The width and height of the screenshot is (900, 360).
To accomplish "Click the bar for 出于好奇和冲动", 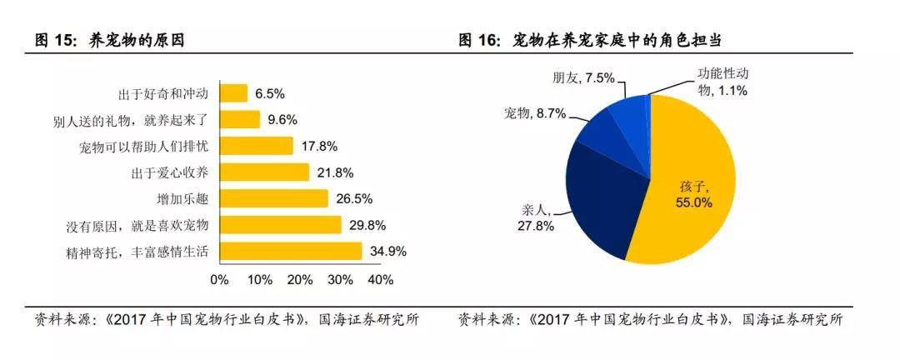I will click(x=233, y=93).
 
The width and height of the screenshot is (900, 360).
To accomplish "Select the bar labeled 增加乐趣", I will click(x=273, y=198).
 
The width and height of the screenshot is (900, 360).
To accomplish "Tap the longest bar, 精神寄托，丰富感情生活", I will click(x=290, y=251).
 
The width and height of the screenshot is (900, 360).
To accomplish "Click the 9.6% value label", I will click(x=282, y=120).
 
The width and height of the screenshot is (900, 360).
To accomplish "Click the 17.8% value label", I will click(x=319, y=147).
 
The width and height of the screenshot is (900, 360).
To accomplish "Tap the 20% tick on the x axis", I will click(x=300, y=280).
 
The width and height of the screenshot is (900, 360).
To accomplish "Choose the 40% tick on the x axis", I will click(x=380, y=280).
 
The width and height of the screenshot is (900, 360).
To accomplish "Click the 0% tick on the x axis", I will click(x=219, y=280).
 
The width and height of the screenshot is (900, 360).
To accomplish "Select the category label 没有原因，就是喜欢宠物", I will click(x=137, y=225).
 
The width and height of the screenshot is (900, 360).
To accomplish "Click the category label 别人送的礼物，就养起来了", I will click(x=131, y=120).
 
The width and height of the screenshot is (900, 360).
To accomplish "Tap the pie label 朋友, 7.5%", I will click(x=583, y=78).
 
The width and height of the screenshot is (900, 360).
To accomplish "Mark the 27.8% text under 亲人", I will click(x=535, y=226).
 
